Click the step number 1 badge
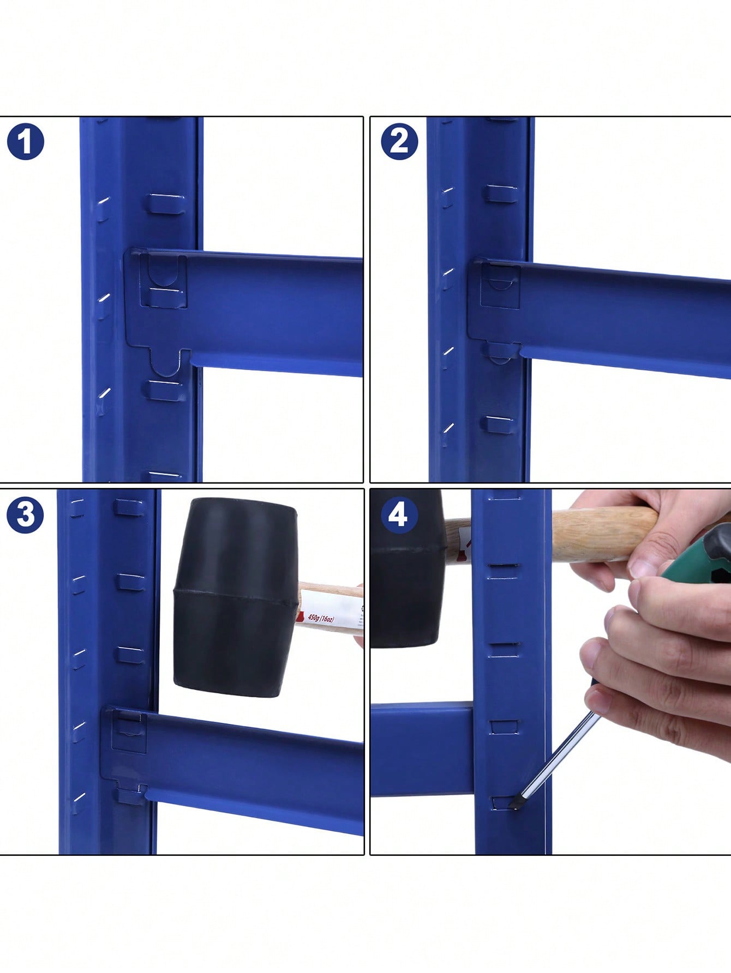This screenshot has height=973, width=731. click(x=26, y=142)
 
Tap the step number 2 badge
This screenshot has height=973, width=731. click(x=399, y=141)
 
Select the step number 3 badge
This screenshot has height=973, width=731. click(x=25, y=515)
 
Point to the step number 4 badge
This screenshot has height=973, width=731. click(x=398, y=514)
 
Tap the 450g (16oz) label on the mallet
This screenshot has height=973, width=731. click(x=321, y=618)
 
